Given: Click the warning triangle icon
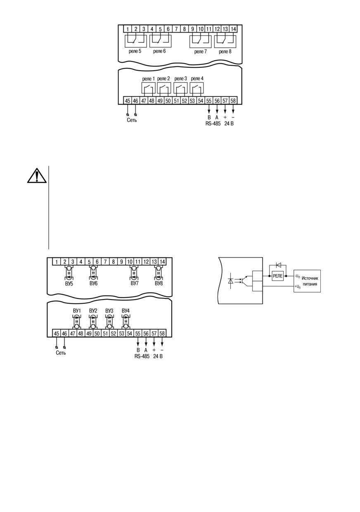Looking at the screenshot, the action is click(37, 176).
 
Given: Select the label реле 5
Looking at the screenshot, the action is click(135, 51).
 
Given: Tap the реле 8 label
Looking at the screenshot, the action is click(225, 52).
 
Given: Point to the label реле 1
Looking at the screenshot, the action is click(149, 79).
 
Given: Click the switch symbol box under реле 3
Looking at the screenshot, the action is click(180, 88).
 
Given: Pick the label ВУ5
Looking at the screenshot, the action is click(69, 284).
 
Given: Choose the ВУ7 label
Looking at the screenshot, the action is click(135, 283).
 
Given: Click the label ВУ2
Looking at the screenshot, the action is click(93, 311).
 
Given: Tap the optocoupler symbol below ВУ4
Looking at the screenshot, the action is click(126, 322).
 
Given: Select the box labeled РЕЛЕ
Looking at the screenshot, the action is click(278, 276).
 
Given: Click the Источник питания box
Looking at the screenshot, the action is click(307, 281).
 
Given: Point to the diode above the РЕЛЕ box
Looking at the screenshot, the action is click(278, 265).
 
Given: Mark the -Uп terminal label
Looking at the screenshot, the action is click(297, 276).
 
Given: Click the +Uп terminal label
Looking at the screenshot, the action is click(298, 287).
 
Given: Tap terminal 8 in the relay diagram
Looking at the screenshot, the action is click(185, 29).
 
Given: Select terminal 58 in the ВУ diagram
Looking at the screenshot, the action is click(162, 333).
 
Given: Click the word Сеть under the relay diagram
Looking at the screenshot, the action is click(132, 120).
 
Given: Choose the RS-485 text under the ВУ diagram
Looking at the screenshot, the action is click(142, 356).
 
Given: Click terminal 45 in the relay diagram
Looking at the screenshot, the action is click(128, 101).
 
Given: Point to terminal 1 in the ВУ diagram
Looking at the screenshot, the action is click(57, 262).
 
